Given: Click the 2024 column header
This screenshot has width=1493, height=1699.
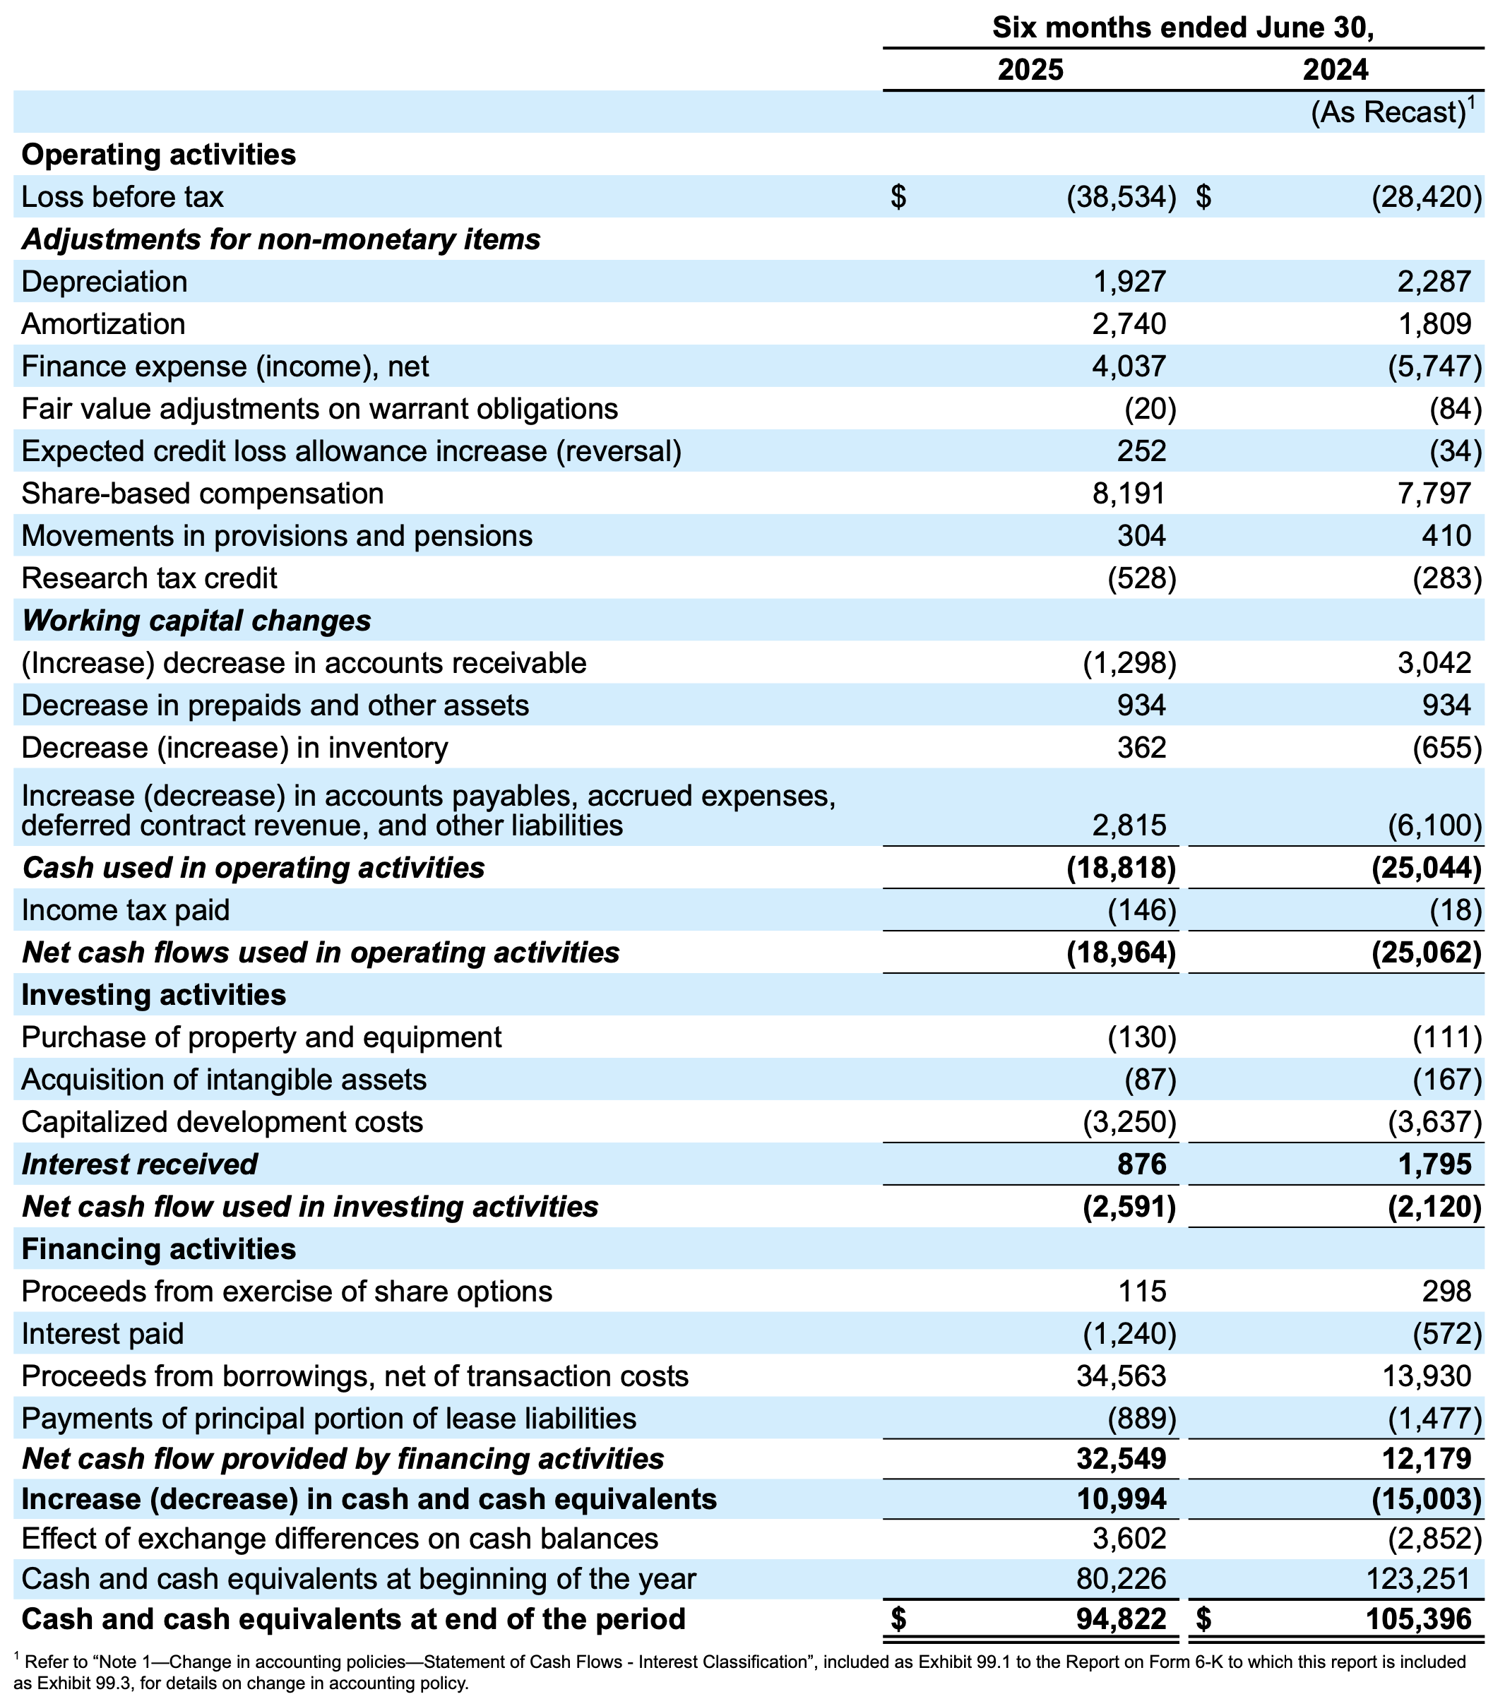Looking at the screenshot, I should [1335, 70].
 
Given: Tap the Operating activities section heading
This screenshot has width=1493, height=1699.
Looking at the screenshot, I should [159, 155].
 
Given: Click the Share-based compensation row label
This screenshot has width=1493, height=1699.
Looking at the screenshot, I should [203, 494].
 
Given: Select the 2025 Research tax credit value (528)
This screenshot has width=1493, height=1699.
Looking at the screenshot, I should [1141, 578].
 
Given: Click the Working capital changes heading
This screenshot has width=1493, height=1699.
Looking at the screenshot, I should [196, 621].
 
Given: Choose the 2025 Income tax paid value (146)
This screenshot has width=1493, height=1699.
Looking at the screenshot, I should [1141, 910].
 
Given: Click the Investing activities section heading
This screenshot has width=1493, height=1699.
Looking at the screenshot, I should [154, 995].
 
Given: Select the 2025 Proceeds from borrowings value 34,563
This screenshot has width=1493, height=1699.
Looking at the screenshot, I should [1122, 1376].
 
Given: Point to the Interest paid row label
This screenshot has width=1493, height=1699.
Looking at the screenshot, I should [102, 1334].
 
